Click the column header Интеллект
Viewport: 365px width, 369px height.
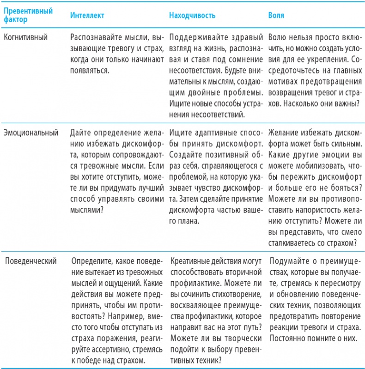click(87, 16)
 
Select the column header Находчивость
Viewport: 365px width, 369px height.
click(192, 16)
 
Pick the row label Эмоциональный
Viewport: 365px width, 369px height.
click(31, 133)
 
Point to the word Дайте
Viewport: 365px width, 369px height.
click(79, 133)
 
